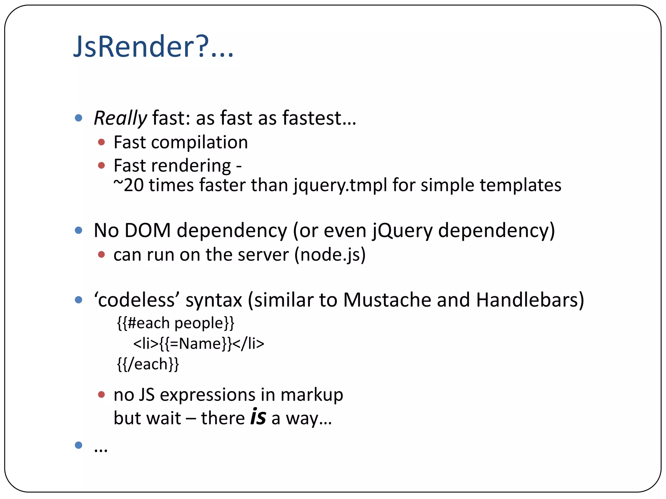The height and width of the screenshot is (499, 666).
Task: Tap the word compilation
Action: (x=199, y=142)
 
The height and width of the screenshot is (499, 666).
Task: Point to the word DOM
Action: (x=148, y=230)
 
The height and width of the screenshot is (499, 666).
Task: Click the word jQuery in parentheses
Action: (x=402, y=230)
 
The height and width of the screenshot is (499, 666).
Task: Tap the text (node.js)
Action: (x=330, y=254)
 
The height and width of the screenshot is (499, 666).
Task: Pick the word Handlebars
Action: (x=530, y=300)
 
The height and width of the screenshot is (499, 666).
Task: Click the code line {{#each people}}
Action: (x=176, y=323)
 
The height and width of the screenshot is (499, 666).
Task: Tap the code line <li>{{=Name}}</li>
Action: (x=199, y=343)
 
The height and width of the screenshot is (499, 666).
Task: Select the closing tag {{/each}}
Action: (x=148, y=364)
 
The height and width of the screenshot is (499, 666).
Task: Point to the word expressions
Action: (x=207, y=395)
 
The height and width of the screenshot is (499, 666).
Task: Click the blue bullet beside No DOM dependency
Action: (x=78, y=230)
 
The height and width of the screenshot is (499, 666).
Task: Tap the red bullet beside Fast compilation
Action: (x=101, y=142)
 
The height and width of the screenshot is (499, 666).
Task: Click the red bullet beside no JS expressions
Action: (x=101, y=395)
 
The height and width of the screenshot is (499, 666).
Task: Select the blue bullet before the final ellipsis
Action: (x=78, y=445)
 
